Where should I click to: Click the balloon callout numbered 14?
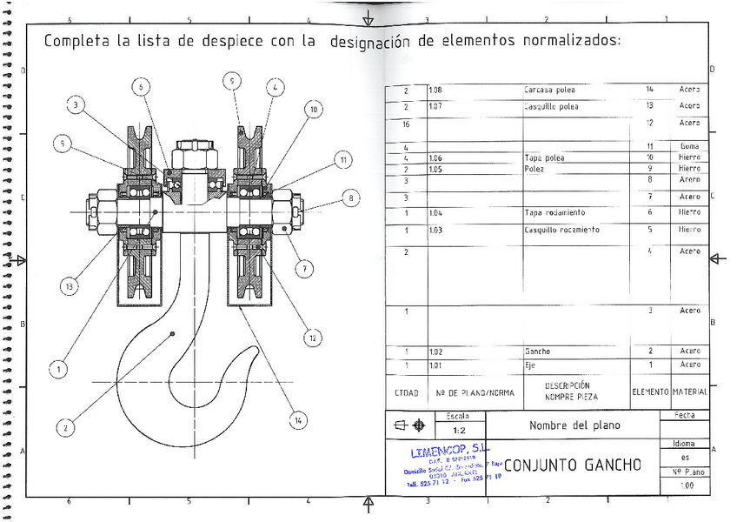pyautogui.click(x=299, y=421)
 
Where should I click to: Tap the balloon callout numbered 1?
pyautogui.click(x=57, y=370)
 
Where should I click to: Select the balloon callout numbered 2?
pyautogui.click(x=64, y=427)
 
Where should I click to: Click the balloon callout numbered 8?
pyautogui.click(x=350, y=197)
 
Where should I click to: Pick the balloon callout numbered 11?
pyautogui.click(x=343, y=160)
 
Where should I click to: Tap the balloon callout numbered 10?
pyautogui.click(x=313, y=110)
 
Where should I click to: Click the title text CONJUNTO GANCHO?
pyautogui.click(x=572, y=465)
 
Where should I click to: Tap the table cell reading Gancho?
pyautogui.click(x=537, y=351)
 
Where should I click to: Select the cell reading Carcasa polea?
pyautogui.click(x=550, y=90)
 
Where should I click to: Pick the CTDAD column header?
pyautogui.click(x=406, y=392)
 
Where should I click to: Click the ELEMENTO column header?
pyautogui.click(x=649, y=392)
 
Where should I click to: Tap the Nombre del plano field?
pyautogui.click(x=574, y=425)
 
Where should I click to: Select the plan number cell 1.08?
pyautogui.click(x=435, y=90)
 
